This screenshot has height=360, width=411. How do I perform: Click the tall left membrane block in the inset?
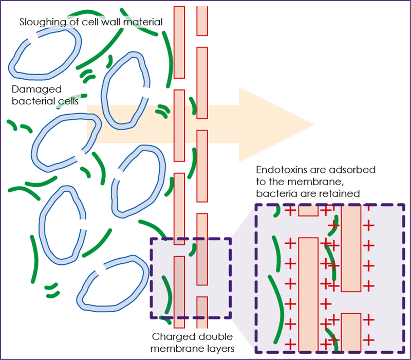tap(308, 293)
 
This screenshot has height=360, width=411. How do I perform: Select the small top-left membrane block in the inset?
tap(308, 210)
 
